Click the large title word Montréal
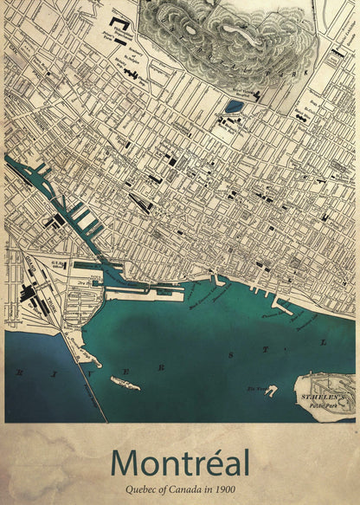click(180, 460)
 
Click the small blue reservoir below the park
click(234, 107)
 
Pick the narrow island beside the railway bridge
click(125, 382)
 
